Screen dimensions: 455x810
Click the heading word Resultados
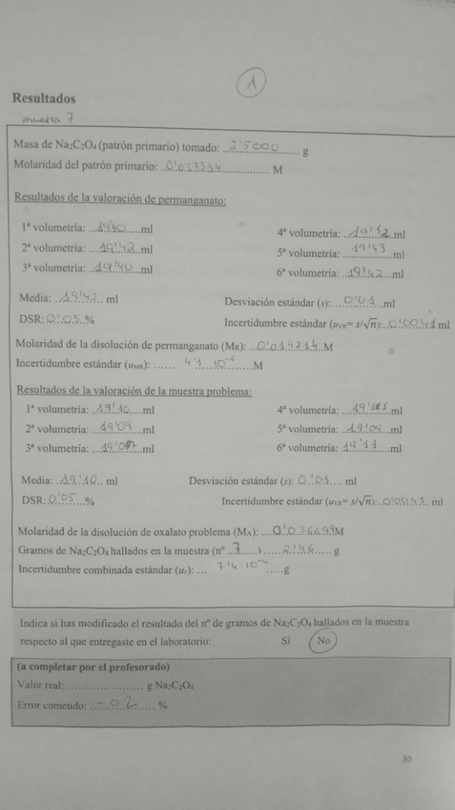point(44,98)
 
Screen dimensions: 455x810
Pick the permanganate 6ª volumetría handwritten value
point(364,271)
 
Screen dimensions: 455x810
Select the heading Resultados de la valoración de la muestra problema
point(134,390)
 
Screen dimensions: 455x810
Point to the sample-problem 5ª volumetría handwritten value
point(365,428)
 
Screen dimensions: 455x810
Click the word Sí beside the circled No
point(286,641)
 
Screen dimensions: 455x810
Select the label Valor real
point(40,685)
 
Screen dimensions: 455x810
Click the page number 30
point(406,760)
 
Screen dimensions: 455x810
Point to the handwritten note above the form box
point(43,120)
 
